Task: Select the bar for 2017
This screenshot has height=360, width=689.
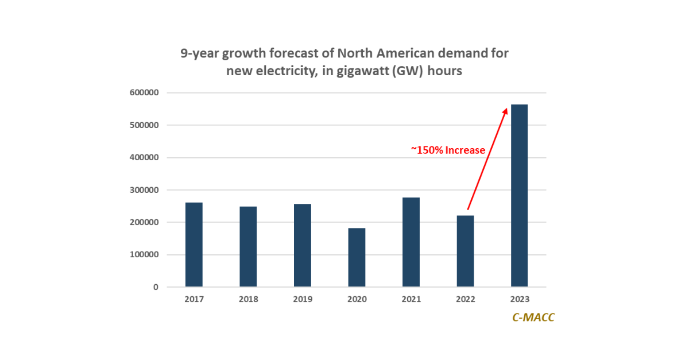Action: (x=193, y=245)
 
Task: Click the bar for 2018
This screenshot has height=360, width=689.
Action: (x=248, y=247)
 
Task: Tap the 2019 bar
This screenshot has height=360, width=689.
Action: (x=303, y=246)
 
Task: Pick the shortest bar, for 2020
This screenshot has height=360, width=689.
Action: (x=357, y=258)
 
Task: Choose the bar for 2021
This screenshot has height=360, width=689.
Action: (x=411, y=242)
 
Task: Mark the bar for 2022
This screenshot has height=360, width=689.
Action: (x=465, y=251)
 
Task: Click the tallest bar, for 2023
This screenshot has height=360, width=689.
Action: (x=519, y=196)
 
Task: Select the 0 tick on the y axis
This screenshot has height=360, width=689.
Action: (x=156, y=287)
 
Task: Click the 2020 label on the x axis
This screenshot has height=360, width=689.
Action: (x=357, y=299)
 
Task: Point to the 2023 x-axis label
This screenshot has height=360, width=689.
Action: (x=519, y=299)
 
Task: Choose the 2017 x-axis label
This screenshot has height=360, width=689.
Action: (x=193, y=299)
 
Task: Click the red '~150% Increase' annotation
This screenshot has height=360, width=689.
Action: (x=448, y=150)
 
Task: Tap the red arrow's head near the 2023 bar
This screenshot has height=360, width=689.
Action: (x=505, y=110)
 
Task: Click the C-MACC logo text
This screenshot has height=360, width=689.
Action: (x=533, y=318)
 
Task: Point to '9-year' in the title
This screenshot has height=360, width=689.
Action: (x=200, y=54)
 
